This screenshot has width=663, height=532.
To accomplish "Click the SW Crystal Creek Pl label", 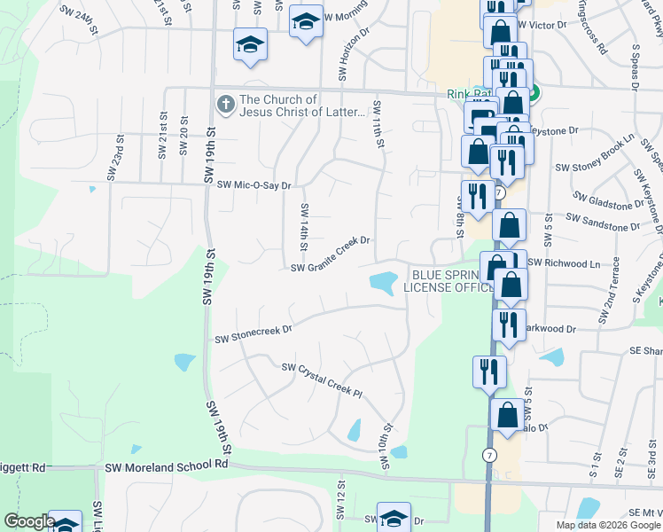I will coord(323,379).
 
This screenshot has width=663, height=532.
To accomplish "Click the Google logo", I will coord(28,521).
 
